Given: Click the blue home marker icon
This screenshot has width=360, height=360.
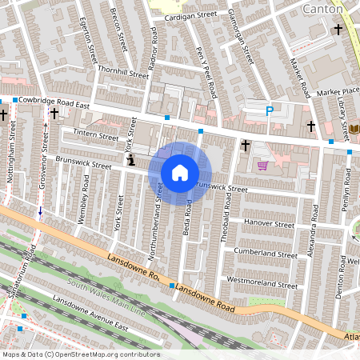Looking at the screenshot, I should click(180, 173).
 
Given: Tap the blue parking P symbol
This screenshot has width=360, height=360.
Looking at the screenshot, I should click(270, 111).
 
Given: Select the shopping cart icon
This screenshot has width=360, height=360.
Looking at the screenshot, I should click(262, 166).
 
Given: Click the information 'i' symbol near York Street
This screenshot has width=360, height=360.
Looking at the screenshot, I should click(130, 161).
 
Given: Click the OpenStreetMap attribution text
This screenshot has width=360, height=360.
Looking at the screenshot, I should click(80, 354).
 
